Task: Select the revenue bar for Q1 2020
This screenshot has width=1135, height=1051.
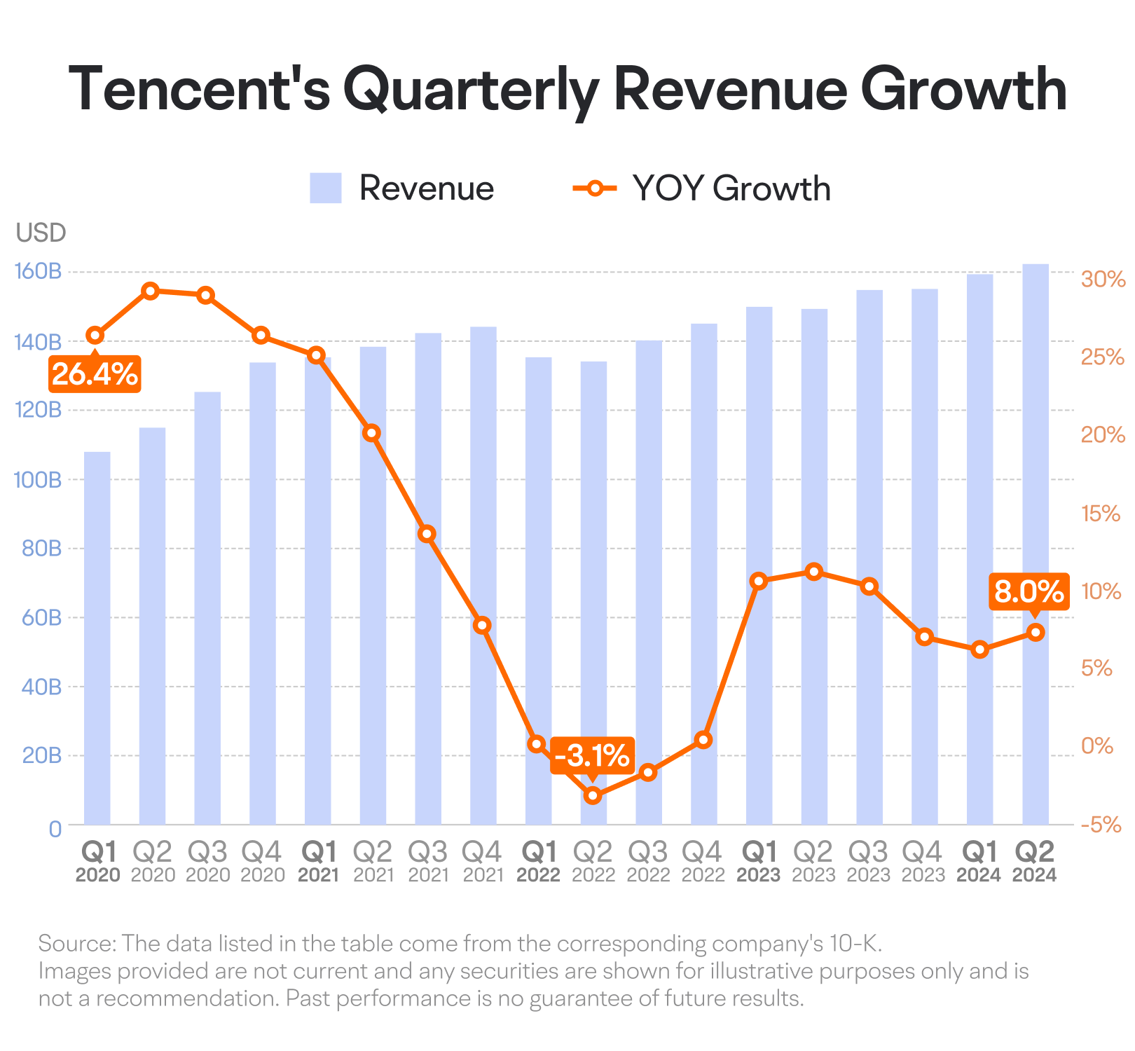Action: (97, 638)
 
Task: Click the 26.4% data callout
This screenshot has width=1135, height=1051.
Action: (95, 374)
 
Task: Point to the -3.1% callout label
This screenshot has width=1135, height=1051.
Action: (592, 755)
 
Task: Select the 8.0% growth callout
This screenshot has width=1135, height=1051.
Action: (1029, 592)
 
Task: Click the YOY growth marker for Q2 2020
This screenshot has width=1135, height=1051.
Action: (150, 291)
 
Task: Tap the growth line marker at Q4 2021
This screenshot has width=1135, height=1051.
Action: (482, 625)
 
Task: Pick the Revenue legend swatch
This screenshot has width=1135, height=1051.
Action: (326, 188)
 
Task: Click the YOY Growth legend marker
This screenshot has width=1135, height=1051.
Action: (595, 188)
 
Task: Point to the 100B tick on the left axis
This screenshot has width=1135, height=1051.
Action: (38, 480)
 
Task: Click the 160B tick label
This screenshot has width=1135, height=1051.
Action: (38, 271)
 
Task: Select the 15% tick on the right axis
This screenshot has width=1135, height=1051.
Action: (1101, 514)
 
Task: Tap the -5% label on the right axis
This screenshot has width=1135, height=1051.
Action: (1101, 825)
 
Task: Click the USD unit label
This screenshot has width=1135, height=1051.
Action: (41, 233)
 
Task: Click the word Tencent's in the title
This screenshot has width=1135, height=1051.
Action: (200, 90)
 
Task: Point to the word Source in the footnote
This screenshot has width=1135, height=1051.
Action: (76, 944)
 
